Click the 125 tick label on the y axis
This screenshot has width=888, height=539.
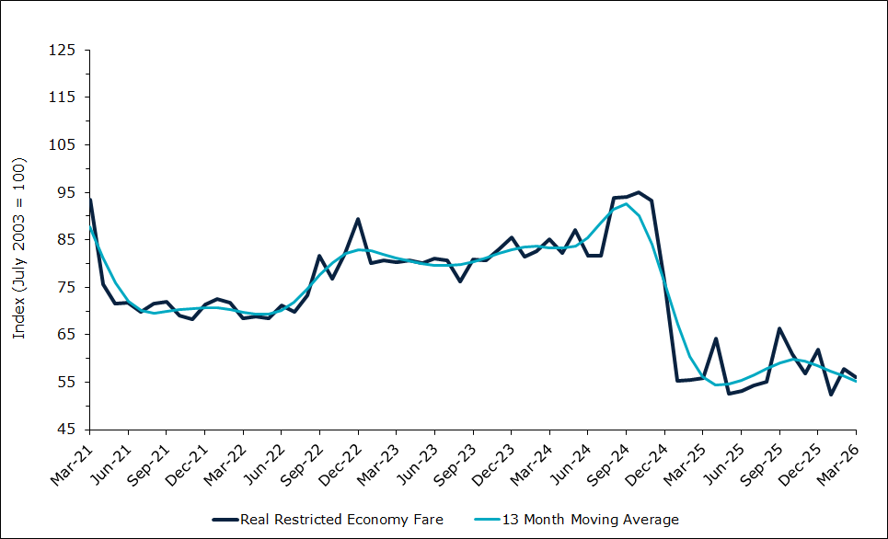tap(64, 50)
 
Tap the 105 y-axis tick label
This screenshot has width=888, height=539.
tap(64, 144)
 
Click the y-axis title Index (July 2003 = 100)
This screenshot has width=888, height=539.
tap(18, 247)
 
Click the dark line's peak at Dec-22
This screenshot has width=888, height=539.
tap(358, 219)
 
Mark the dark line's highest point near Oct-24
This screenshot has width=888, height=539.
tap(639, 192)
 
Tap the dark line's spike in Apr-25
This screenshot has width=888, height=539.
tap(716, 338)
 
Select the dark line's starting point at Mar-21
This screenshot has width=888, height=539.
tap(89, 200)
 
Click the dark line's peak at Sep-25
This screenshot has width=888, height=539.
tap(779, 328)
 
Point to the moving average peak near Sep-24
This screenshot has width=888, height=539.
tap(626, 204)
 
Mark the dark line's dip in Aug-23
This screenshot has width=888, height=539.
tap(460, 281)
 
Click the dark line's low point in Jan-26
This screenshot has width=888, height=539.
tap(831, 395)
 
